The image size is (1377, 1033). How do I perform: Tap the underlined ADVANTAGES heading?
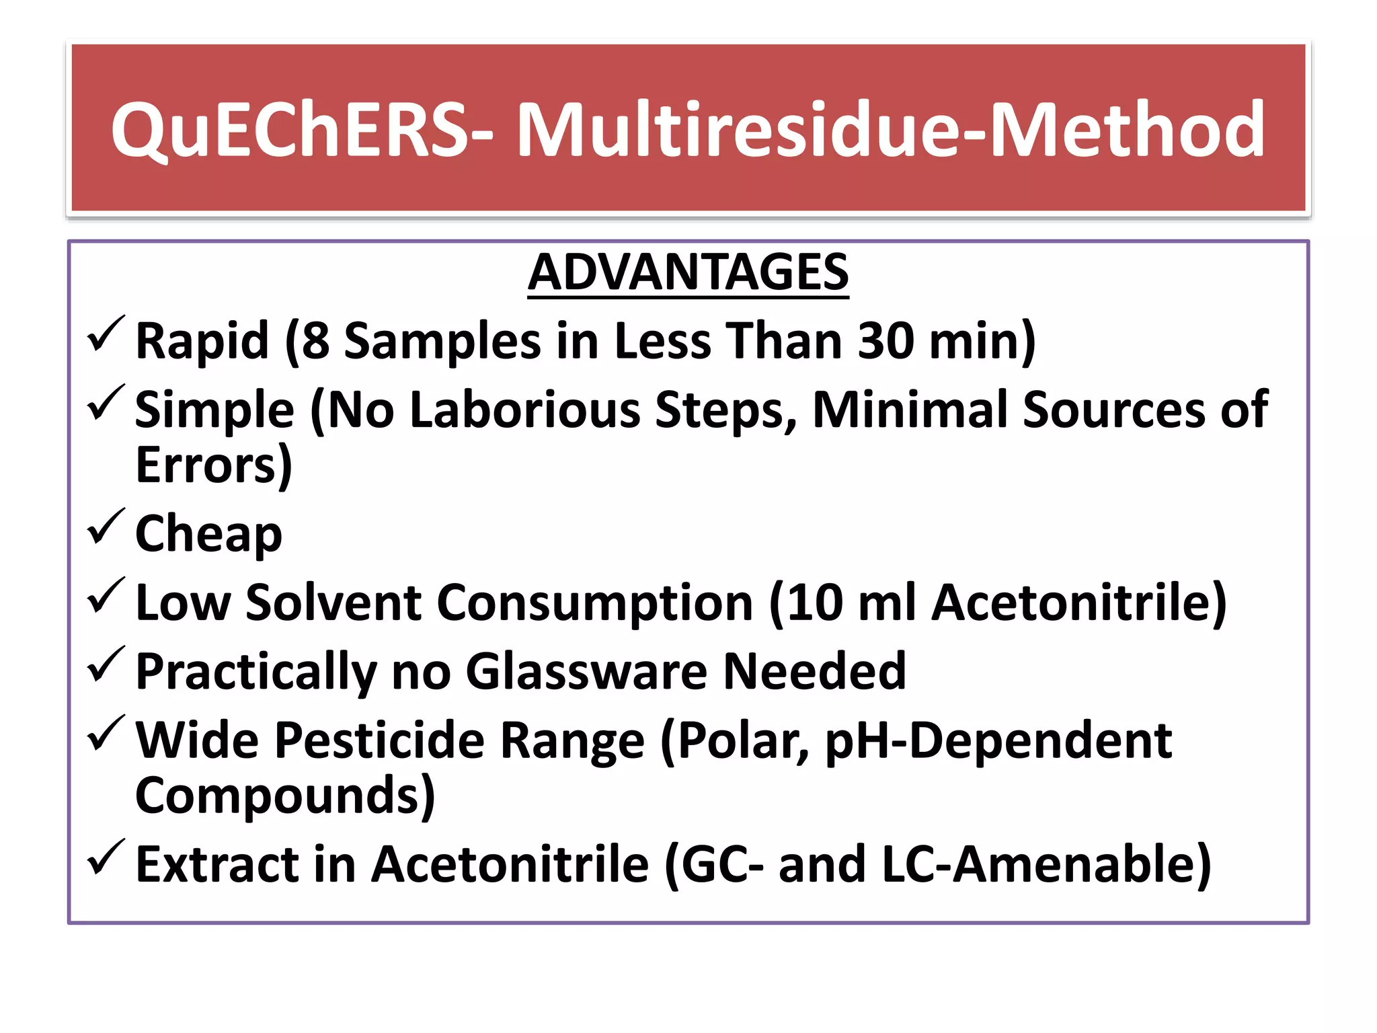coord(688,272)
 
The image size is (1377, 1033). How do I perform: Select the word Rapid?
coord(202,341)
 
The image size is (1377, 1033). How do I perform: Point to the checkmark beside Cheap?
coord(106,526)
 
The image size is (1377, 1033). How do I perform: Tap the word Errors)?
coord(214,465)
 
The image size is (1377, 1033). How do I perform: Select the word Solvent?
coord(333,602)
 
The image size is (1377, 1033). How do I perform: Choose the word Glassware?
coord(586,671)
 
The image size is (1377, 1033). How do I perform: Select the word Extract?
coord(217,865)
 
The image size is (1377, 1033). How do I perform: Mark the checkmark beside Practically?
coord(106,664)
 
